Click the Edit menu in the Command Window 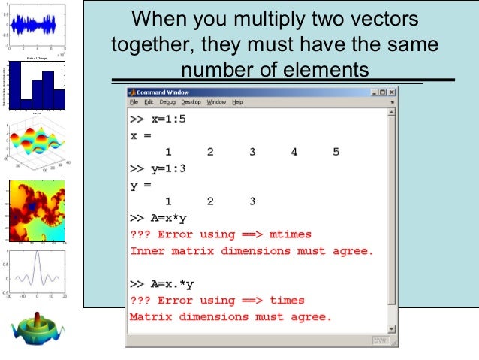click(149, 102)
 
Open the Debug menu click(167, 102)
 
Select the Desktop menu click(191, 102)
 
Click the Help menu click(237, 102)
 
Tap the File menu click(134, 102)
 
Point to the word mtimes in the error click(289, 234)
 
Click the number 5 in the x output click(336, 152)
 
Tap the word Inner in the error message click(147, 251)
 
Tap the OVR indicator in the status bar click(381, 341)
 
